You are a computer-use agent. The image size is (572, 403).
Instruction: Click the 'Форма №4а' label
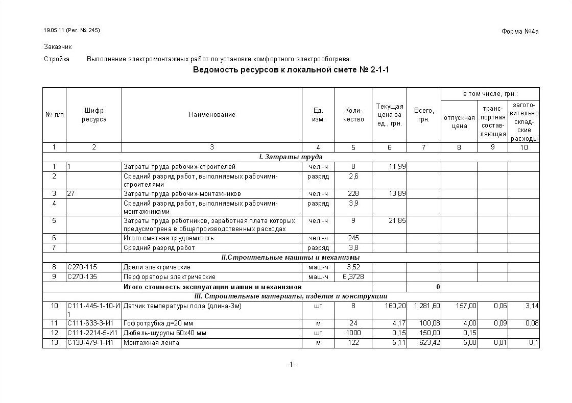(520, 32)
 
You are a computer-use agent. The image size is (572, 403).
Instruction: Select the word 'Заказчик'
(58, 46)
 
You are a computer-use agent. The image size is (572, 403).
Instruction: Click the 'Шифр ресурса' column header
(94, 115)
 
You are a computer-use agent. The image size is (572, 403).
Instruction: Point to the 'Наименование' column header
(212, 115)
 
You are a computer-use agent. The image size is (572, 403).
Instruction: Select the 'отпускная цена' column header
(459, 122)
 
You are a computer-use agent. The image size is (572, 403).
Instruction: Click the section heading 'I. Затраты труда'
(291, 157)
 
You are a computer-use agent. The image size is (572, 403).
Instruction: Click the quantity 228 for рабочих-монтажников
(353, 194)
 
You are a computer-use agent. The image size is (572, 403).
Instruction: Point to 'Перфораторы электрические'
(169, 277)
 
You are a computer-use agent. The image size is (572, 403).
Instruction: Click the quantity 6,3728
(353, 277)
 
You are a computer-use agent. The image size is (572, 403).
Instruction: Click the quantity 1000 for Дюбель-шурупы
(353, 333)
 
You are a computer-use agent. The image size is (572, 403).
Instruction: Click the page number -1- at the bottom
(291, 365)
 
